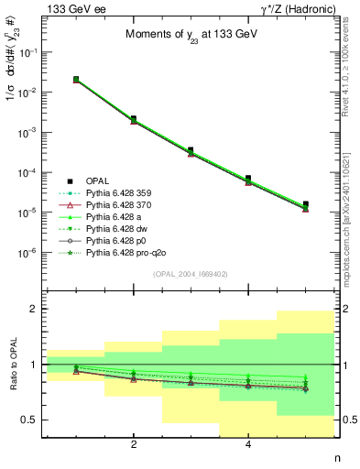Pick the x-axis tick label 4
(x=248, y=446)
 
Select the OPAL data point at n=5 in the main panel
(x=305, y=204)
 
